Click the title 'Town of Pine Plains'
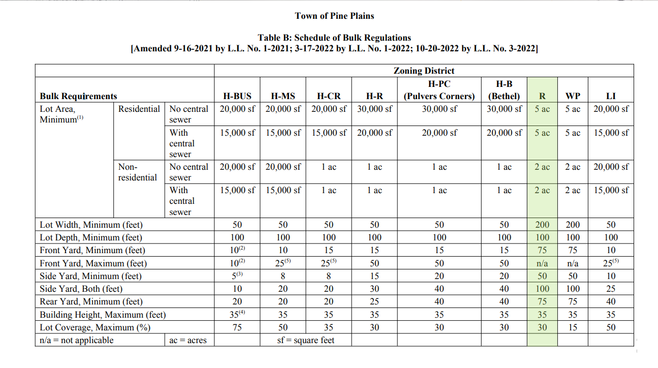(x=334, y=16)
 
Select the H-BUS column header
(x=237, y=96)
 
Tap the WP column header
(x=573, y=96)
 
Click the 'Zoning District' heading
(x=424, y=71)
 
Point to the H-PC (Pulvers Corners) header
(x=439, y=90)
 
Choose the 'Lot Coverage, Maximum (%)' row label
(x=95, y=327)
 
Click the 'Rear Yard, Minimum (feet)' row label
(x=91, y=301)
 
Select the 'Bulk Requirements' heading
(x=78, y=96)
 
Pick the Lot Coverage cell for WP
(x=573, y=327)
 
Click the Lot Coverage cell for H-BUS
(x=237, y=327)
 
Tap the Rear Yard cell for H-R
(x=374, y=301)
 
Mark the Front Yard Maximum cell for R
(x=542, y=263)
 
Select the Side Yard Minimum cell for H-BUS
(x=237, y=276)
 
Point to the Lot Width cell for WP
(x=573, y=225)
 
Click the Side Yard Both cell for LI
(x=611, y=289)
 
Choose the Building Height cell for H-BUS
(x=237, y=315)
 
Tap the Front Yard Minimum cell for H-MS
(x=283, y=250)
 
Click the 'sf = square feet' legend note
(x=306, y=340)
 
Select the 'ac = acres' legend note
(x=188, y=341)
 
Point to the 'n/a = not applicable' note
(x=77, y=340)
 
